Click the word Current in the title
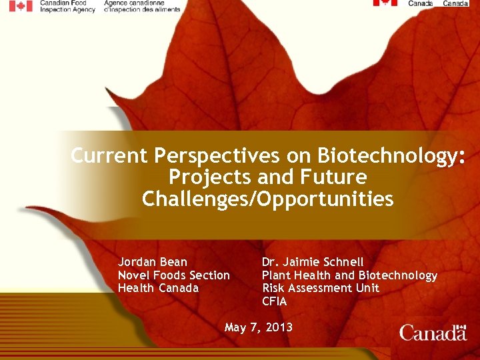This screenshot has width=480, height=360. [110, 155]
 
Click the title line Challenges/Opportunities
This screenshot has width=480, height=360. [268, 199]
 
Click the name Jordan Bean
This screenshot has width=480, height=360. [153, 261]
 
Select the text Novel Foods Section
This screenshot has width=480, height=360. [174, 275]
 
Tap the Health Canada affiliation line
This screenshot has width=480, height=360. [159, 288]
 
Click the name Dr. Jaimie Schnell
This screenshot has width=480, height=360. [313, 261]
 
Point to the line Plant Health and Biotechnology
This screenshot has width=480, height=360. [349, 275]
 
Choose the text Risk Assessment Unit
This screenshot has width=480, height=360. [321, 288]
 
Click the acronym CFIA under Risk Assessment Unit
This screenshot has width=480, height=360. [275, 301]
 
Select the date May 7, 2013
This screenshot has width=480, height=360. [259, 327]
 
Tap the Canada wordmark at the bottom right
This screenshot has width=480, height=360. [433, 332]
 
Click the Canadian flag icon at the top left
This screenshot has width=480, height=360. [20, 6]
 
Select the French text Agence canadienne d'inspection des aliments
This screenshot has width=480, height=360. [142, 6]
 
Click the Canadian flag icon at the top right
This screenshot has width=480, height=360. [385, 3]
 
